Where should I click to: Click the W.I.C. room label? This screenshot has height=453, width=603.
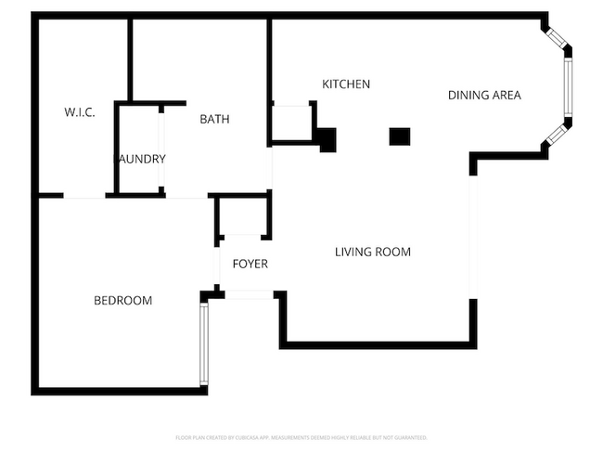coord(79,112)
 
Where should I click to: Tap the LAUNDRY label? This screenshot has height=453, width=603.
coord(140,159)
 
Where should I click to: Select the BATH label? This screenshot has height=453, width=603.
coord(214,119)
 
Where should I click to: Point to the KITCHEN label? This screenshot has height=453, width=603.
coord(345,84)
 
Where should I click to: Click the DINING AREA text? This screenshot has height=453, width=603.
coord(483,95)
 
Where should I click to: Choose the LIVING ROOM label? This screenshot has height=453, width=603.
coord(372,252)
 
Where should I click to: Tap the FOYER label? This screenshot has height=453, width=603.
coord(250,264)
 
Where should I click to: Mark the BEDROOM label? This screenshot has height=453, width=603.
coord(122,301)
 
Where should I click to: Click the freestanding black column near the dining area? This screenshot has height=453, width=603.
coord(399,136)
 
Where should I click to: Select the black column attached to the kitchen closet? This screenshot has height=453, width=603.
coord(326,139)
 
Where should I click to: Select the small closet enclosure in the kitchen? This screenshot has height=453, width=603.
coord(291,123)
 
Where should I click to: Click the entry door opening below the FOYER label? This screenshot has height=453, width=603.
coord(249,294)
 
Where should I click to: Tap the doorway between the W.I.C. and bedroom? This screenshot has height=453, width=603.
coord(84,196)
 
